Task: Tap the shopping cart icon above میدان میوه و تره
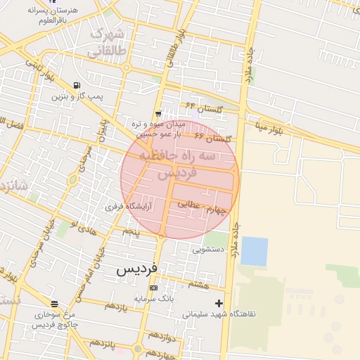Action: point(159,112)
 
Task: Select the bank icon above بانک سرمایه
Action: point(153,288)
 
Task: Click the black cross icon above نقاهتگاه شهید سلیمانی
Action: point(219,303)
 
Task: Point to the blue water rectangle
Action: point(254,251)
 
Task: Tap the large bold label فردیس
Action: point(137,269)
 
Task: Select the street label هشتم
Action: point(199,285)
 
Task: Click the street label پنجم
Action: point(131,231)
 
